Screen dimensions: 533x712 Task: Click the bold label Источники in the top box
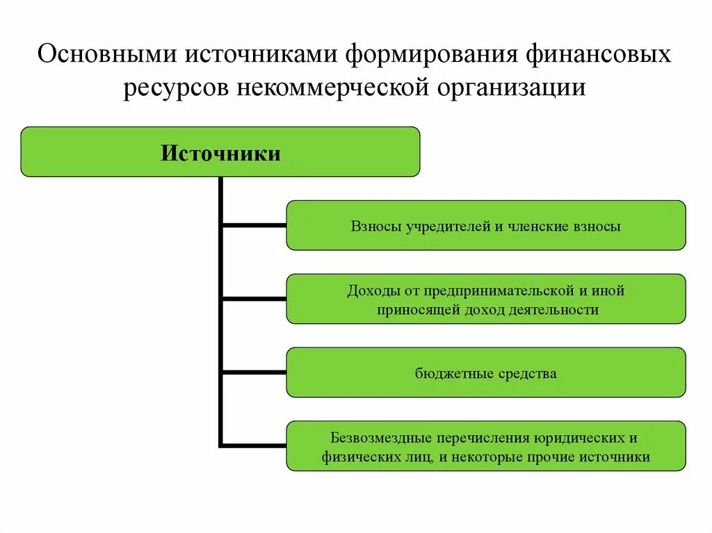[220, 153]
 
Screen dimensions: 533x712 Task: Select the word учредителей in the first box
[437, 226]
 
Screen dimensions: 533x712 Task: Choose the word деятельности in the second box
[557, 310]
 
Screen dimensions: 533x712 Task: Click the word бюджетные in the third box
[454, 373]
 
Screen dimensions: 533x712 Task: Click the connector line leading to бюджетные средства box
[254, 372]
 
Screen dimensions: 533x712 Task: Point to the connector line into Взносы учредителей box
[254, 225]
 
